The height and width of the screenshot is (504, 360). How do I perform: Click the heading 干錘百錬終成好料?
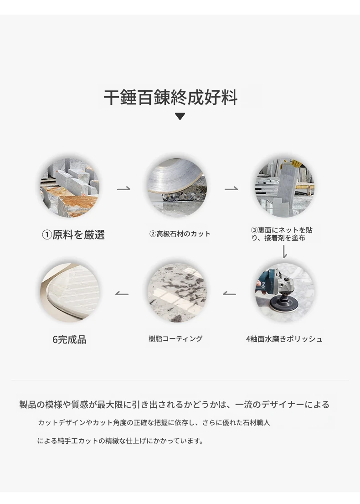pyautogui.click(x=170, y=97)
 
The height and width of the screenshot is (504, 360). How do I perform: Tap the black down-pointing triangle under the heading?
pyautogui.click(x=180, y=116)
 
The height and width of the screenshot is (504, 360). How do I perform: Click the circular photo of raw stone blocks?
pyautogui.click(x=70, y=188)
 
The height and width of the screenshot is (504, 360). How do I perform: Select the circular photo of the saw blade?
pyautogui.click(x=177, y=188)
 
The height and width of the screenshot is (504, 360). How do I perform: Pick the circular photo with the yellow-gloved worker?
pyautogui.click(x=284, y=188)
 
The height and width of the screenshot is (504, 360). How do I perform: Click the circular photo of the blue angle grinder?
pyautogui.click(x=284, y=292)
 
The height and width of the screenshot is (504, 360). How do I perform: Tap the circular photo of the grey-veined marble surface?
pyautogui.click(x=177, y=292)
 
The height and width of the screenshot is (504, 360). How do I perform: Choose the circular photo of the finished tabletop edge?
pyautogui.click(x=70, y=292)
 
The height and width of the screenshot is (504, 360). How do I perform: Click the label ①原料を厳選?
pyautogui.click(x=73, y=234)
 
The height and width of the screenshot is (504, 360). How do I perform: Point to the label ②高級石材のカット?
pyautogui.click(x=180, y=234)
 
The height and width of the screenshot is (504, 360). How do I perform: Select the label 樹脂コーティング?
pyautogui.click(x=175, y=338)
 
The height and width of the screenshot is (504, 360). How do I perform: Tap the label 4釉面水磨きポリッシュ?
pyautogui.click(x=284, y=339)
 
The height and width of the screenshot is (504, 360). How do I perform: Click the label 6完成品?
pyautogui.click(x=69, y=339)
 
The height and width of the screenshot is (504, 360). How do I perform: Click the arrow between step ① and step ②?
pyautogui.click(x=123, y=188)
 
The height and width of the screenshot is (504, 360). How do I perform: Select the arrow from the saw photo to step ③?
pyautogui.click(x=231, y=188)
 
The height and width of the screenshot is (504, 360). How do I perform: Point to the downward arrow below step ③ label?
pyautogui.click(x=284, y=251)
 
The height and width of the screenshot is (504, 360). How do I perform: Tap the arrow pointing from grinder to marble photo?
pyautogui.click(x=229, y=293)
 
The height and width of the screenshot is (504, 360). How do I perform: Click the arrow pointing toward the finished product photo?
pyautogui.click(x=122, y=293)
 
